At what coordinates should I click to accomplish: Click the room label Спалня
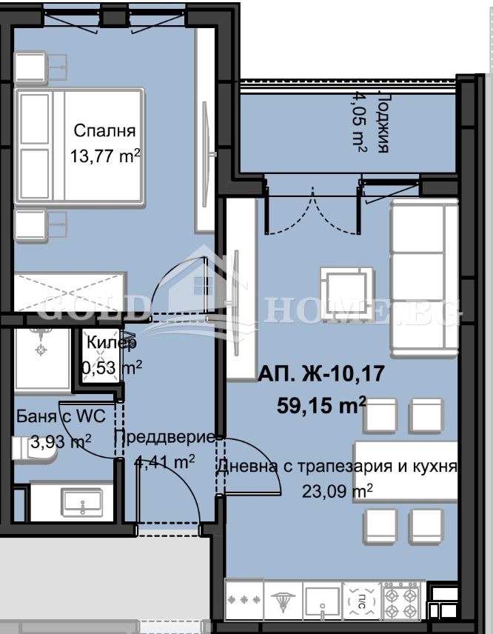point(104,131)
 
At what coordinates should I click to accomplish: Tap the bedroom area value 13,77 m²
point(104,156)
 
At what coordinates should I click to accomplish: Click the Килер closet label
point(112,343)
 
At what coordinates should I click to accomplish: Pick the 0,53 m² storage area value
point(112,367)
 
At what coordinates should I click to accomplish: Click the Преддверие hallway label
point(164,437)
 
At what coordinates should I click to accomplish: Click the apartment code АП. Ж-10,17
point(321,375)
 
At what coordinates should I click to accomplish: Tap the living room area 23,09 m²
point(337,490)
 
